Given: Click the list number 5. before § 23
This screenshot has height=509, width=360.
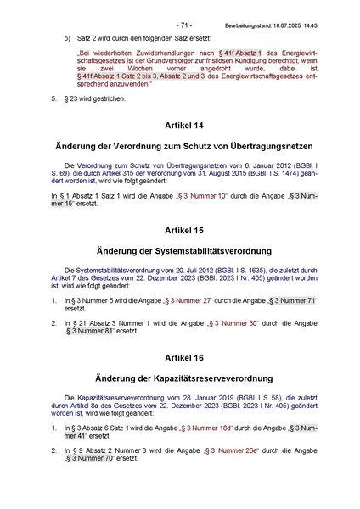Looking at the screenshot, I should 53,98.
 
